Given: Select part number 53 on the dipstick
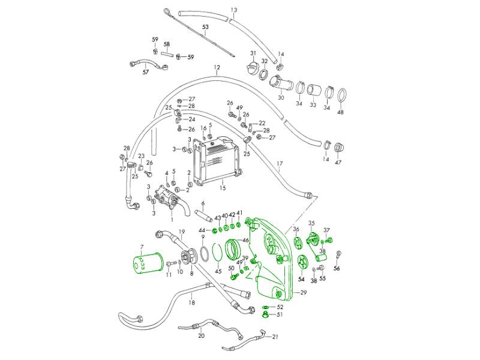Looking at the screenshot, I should click(205, 27).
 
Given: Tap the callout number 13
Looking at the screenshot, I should click(234, 10).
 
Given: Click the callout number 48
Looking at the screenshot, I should click(341, 112).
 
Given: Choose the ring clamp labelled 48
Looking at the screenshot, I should click(342, 94).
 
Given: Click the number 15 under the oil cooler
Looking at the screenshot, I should click(222, 188).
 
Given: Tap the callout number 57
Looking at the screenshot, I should click(145, 73).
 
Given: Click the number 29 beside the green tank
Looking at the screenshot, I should click(303, 292).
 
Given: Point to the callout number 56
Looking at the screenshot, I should click(337, 268).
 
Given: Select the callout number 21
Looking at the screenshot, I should click(275, 337).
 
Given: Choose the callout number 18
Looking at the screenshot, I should click(191, 303).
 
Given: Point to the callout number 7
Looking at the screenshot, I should click(142, 247).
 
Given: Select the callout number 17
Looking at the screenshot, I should click(279, 164).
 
